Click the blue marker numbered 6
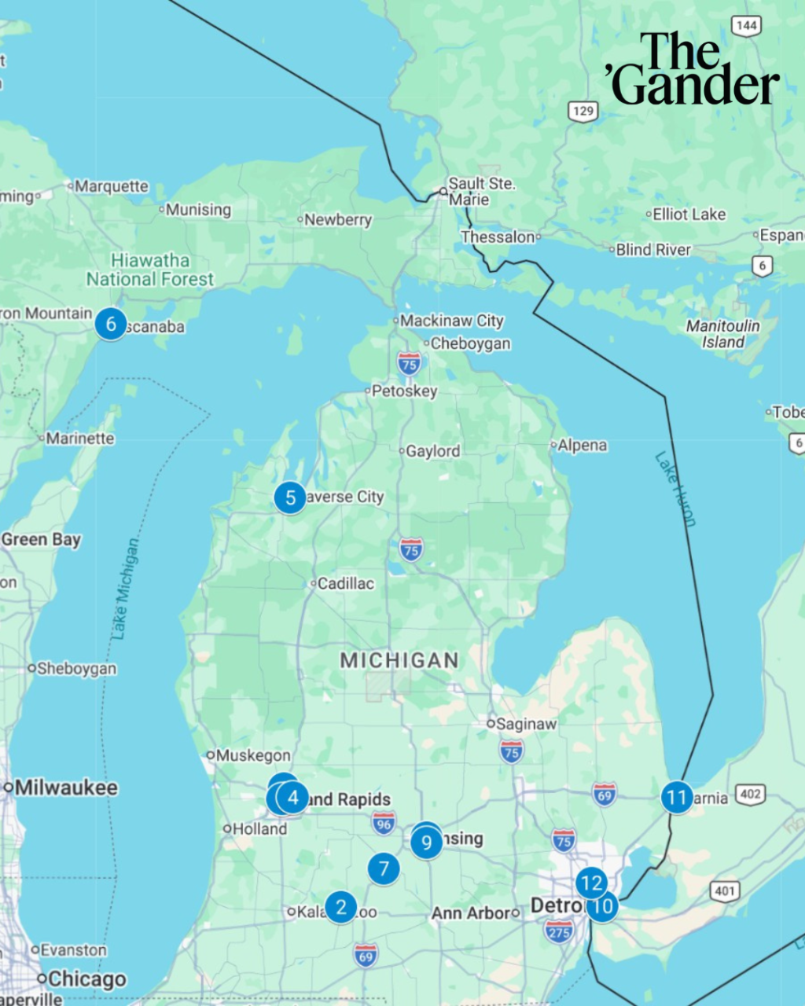(111, 324)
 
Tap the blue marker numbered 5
(290, 497)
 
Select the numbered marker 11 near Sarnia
(677, 798)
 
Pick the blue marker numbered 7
(384, 868)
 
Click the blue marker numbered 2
(341, 907)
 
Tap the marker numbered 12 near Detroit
(591, 883)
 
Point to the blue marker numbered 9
(427, 843)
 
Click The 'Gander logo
(693, 69)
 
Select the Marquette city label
(111, 186)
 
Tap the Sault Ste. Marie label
(480, 191)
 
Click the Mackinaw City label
(451, 321)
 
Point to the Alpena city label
(582, 445)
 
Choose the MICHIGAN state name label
(399, 660)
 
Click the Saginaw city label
(525, 724)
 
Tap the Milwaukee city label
(65, 787)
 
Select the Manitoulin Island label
(722, 334)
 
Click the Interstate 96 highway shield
(384, 824)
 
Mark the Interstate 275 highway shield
(559, 932)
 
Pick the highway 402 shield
(750, 794)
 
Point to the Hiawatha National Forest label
(149, 270)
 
